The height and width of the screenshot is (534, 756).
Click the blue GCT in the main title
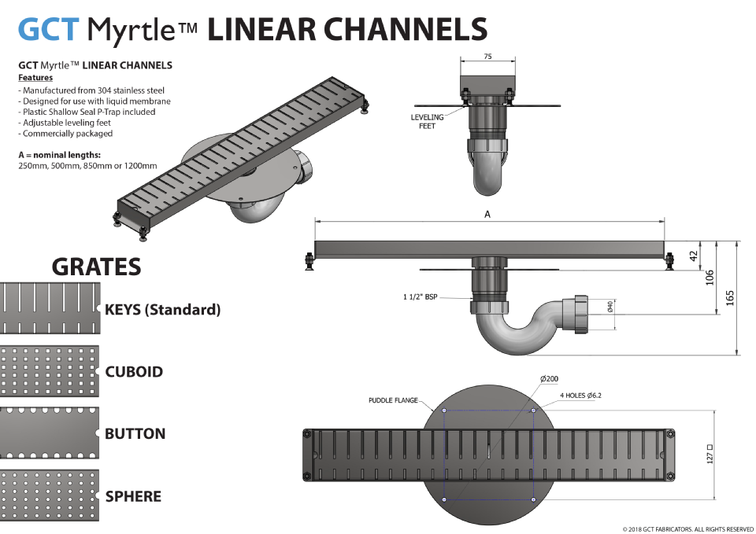49,29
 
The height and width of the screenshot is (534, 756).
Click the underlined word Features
35,78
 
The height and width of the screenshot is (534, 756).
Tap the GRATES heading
96,267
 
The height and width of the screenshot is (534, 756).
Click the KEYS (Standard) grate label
163,310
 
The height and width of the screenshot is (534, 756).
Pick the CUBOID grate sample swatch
49,370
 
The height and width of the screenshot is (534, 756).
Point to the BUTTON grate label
135,433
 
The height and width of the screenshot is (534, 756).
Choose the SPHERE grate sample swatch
49,496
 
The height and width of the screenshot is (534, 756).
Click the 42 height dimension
694,256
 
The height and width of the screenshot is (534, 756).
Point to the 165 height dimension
729,298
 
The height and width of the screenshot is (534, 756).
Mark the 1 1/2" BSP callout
420,297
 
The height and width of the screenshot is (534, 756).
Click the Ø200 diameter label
550,379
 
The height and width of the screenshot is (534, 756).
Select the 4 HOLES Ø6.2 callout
580,395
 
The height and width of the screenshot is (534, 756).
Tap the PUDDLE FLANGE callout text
393,400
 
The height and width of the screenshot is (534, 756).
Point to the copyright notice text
687,528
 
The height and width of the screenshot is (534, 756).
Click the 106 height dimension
710,277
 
